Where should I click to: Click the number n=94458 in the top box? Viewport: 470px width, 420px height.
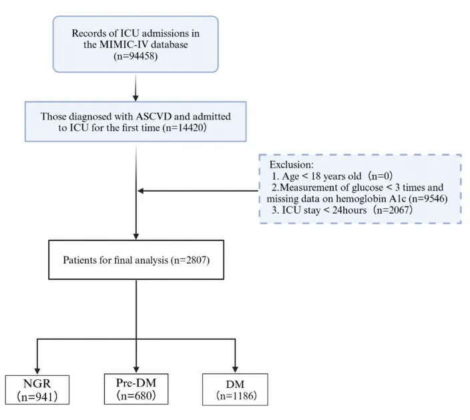136,56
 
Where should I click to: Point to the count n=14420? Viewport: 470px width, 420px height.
184,128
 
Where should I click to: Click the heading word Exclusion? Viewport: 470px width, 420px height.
291,164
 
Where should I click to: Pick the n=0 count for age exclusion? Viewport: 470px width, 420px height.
380,176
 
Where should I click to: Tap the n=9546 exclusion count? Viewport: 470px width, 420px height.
428,199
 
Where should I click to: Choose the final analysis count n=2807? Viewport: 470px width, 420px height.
190,260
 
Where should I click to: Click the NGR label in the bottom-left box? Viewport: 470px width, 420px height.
37,383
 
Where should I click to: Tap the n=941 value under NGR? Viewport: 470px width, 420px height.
37,397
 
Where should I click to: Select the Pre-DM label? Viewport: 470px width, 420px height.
136,383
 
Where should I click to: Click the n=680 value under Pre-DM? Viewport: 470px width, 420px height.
136,395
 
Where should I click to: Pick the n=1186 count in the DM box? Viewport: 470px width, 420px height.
236,396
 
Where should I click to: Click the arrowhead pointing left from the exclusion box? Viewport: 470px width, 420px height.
141,191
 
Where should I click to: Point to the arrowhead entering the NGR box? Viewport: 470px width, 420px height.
37,370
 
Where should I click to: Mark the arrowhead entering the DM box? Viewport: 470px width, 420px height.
235,369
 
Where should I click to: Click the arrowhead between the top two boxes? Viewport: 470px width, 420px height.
136,97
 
